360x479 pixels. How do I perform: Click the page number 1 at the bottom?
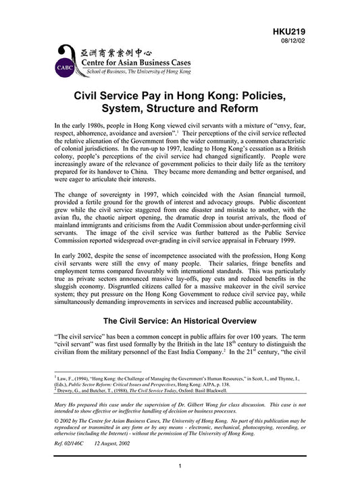click(180, 465)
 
